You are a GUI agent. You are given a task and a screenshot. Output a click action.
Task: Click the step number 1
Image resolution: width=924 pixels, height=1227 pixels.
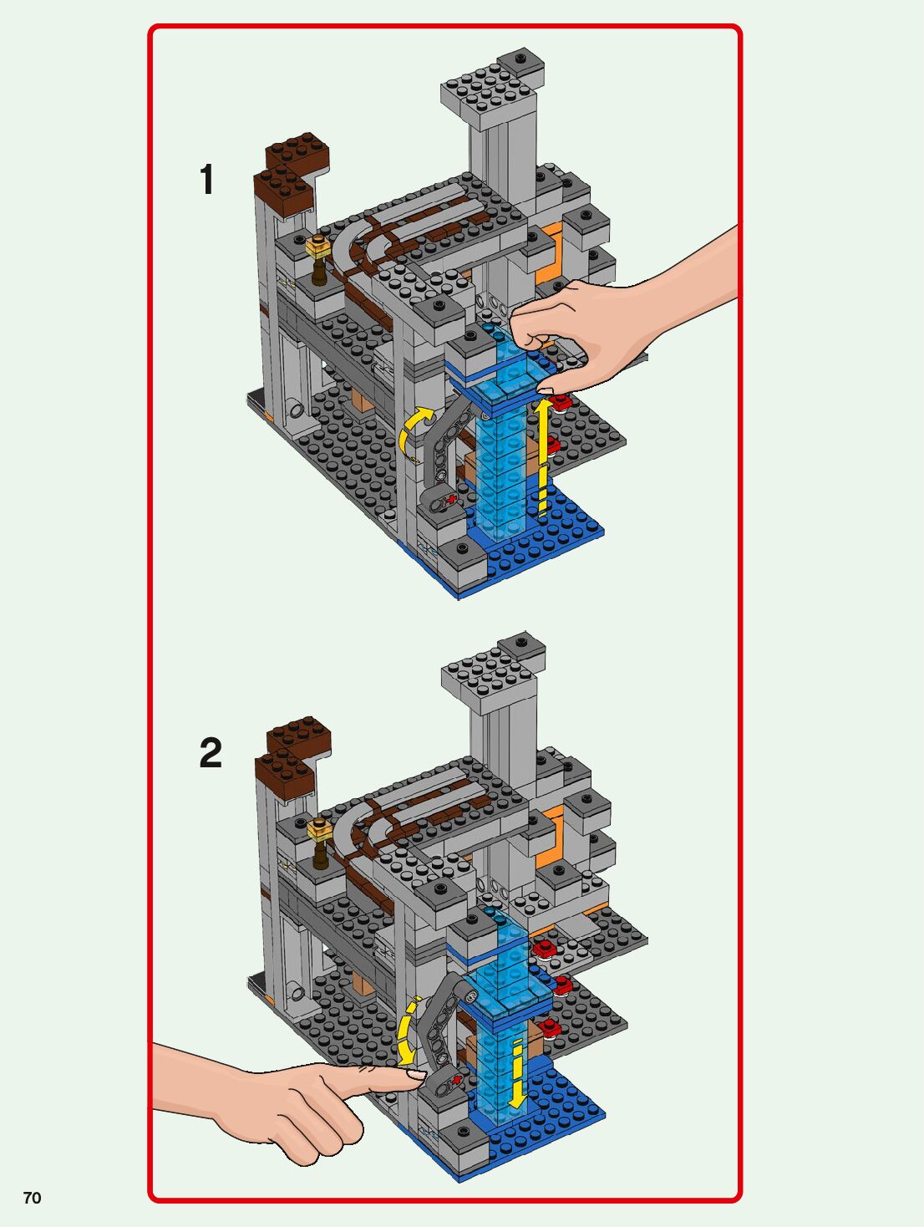click(207, 180)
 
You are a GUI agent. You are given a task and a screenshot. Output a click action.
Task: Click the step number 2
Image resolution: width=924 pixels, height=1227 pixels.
click(211, 753)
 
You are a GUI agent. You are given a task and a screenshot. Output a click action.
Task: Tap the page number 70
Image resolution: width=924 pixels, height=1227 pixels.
click(32, 1198)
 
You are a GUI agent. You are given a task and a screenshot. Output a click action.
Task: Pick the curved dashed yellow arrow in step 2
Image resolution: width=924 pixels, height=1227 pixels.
click(407, 1032)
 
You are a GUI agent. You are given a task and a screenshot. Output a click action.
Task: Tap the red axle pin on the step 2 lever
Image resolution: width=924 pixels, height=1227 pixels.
click(456, 1082)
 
